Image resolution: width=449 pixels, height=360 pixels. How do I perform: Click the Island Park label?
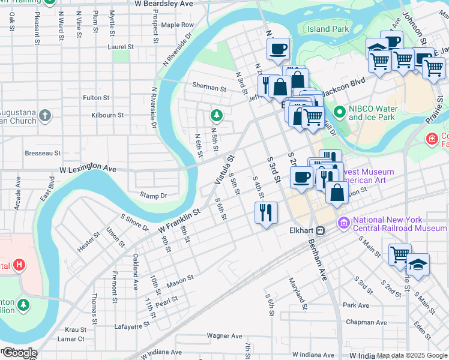[x=328, y=29]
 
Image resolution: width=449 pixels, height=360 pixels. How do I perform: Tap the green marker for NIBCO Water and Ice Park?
[x=340, y=112]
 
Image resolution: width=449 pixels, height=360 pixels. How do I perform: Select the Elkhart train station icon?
[x=321, y=230]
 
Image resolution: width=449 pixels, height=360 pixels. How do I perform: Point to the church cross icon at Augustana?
[x=45, y=115]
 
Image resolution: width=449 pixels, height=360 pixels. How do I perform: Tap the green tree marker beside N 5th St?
[x=215, y=115]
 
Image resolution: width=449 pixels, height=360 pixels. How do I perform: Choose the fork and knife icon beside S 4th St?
[x=265, y=212]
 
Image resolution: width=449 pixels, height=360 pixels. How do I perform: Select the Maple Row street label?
[x=177, y=25]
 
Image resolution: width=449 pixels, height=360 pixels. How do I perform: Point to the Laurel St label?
[x=120, y=46]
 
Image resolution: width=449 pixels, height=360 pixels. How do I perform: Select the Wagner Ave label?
[x=223, y=335]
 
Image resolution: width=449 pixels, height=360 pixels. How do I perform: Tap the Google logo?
[x=19, y=353]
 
